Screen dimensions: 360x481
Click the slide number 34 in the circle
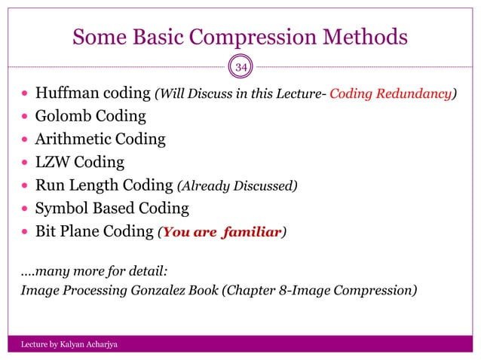pyautogui.click(x=241, y=69)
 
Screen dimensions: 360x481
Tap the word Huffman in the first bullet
pyautogui.click(x=63, y=93)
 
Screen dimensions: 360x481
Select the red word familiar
pyautogui.click(x=252, y=231)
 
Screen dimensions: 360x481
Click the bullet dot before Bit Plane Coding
pyautogui.click(x=25, y=232)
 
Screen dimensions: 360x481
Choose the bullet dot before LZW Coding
pyautogui.click(x=25, y=163)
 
